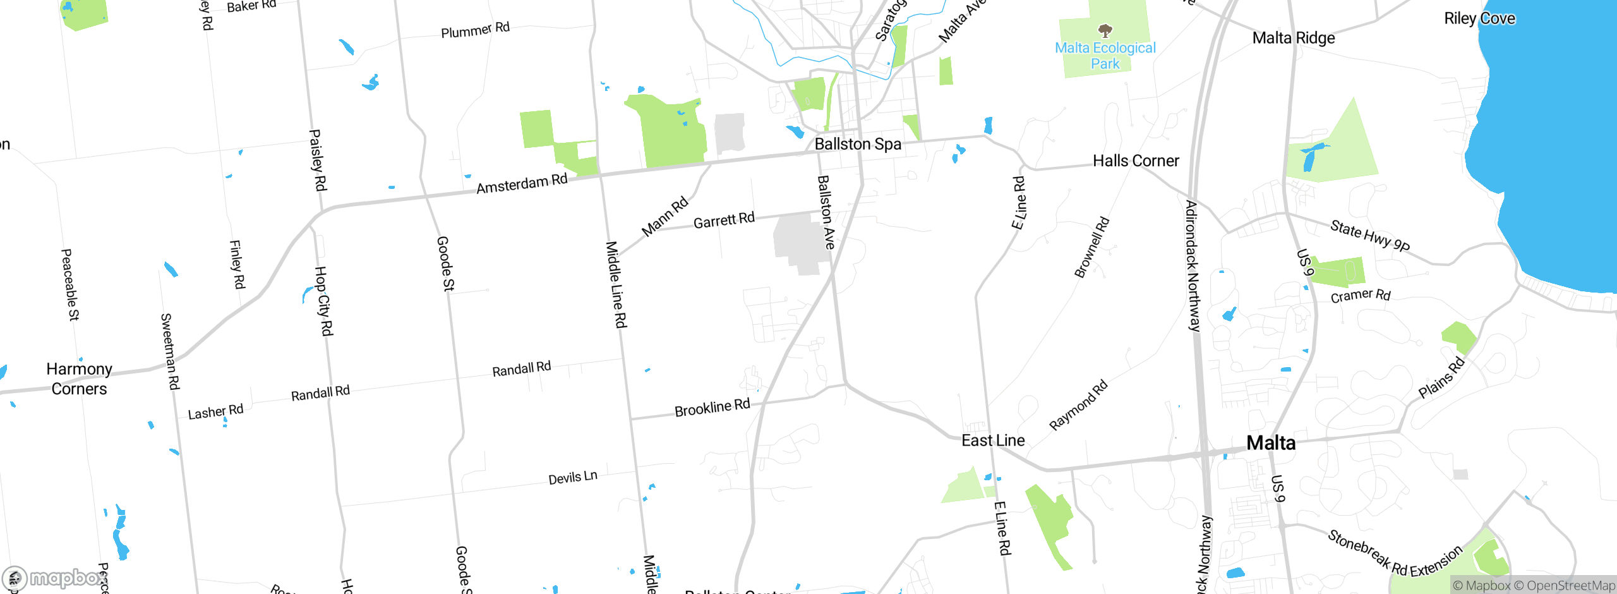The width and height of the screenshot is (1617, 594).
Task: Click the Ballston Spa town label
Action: click(x=858, y=144)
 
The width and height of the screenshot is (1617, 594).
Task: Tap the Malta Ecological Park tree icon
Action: click(x=1105, y=30)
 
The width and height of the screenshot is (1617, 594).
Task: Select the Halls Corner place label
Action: click(x=1136, y=161)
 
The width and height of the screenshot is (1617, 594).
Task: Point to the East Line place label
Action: click(x=993, y=440)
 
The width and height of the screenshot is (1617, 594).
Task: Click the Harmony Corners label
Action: click(x=80, y=379)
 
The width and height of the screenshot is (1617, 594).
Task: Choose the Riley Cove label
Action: click(x=1479, y=19)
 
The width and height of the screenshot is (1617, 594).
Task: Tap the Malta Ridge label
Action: click(x=1294, y=39)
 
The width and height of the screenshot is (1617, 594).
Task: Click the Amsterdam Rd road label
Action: click(x=522, y=184)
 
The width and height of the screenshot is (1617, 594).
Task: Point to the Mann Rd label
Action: click(x=664, y=217)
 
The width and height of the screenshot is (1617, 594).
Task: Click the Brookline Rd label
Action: click(x=712, y=408)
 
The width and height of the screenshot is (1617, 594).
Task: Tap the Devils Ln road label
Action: click(x=572, y=478)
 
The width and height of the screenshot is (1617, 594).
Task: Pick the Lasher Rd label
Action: click(x=215, y=412)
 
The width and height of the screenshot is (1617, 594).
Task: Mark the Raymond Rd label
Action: click(x=1078, y=405)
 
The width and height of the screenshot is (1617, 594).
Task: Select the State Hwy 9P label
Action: click(x=1369, y=236)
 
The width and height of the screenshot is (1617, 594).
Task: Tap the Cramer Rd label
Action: click(x=1361, y=296)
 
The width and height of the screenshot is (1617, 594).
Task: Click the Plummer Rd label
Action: click(x=475, y=30)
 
